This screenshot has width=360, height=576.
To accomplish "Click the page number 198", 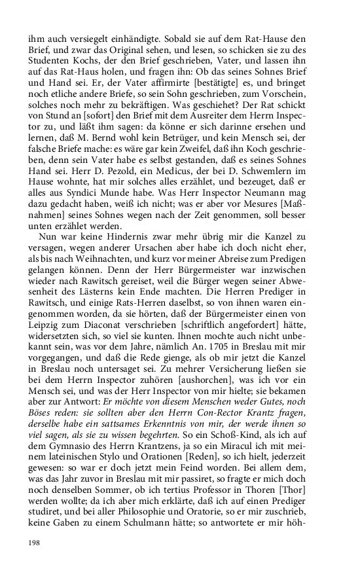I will tap(35, 543).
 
